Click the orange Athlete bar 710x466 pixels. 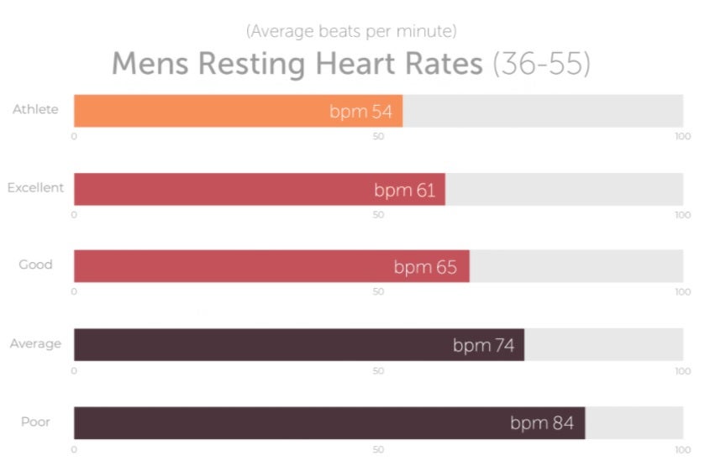(x=202, y=111)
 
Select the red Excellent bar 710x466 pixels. (x=218, y=189)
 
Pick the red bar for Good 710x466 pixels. (x=227, y=266)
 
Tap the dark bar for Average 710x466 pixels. (x=252, y=344)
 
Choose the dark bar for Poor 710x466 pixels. (x=277, y=422)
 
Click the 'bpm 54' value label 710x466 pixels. (x=360, y=112)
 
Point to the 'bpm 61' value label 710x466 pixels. (x=404, y=190)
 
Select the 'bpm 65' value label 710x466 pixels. (x=425, y=268)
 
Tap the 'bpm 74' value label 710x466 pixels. (x=483, y=345)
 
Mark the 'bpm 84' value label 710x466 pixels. (x=542, y=423)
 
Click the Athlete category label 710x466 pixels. (x=35, y=109)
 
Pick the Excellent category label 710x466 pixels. (x=35, y=187)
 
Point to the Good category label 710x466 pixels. (x=35, y=264)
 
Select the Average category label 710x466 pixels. (x=35, y=343)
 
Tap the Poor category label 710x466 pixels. (x=35, y=421)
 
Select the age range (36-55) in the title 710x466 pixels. (x=541, y=64)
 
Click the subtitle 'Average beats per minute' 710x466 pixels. (x=351, y=32)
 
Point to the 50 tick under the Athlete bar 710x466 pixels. (x=379, y=136)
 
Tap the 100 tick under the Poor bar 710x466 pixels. (x=682, y=449)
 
